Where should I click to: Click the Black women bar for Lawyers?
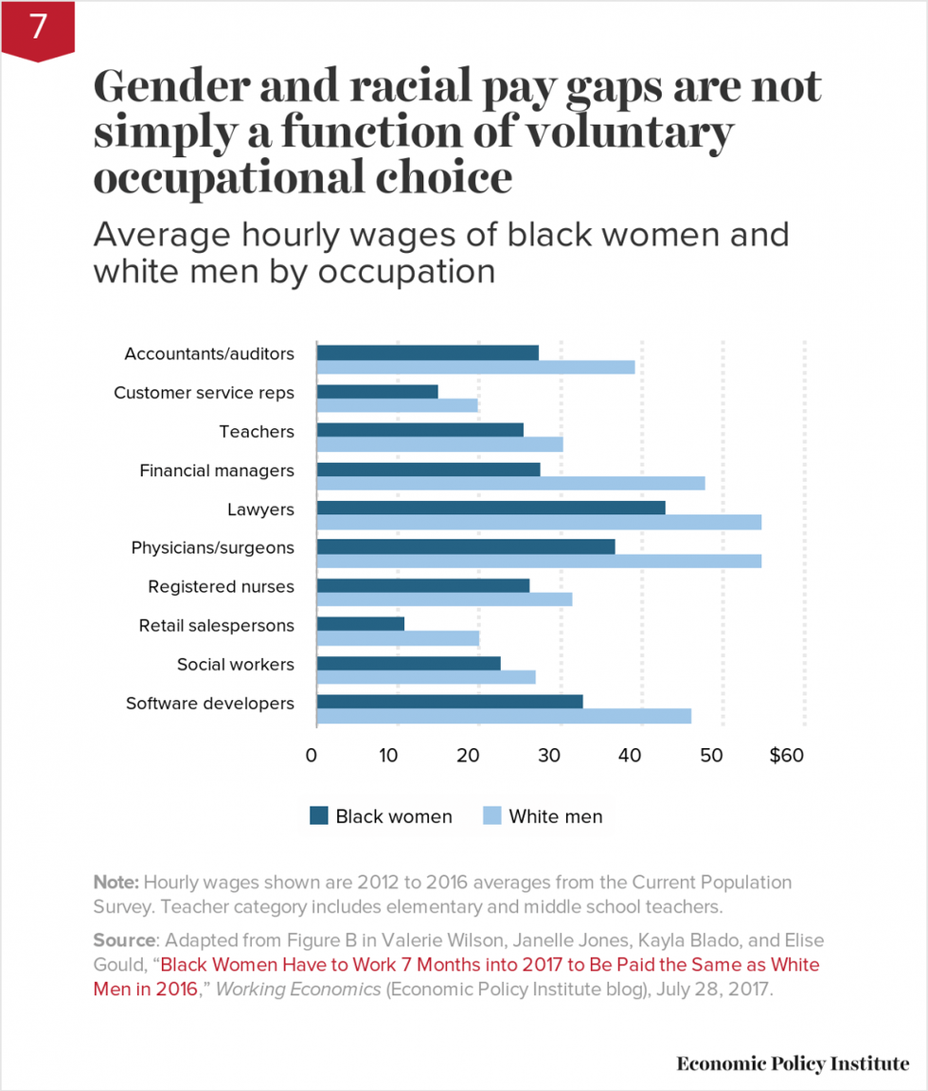point(491,508)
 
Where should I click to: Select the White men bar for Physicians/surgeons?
point(539,561)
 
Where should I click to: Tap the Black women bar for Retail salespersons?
point(361,624)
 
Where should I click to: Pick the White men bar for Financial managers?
point(510,483)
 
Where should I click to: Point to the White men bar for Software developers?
point(504,716)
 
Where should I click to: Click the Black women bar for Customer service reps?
point(377,391)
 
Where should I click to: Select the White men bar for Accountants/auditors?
point(475,367)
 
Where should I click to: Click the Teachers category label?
point(257,432)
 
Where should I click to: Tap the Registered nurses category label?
point(221,587)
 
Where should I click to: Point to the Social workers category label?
point(235,665)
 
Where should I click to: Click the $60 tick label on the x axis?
point(786,756)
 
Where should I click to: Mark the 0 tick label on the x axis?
point(312,756)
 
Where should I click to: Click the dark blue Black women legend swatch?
point(318,816)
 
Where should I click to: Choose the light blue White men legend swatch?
point(491,816)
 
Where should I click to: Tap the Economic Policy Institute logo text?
point(792,1064)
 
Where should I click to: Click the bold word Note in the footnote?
point(115,882)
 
